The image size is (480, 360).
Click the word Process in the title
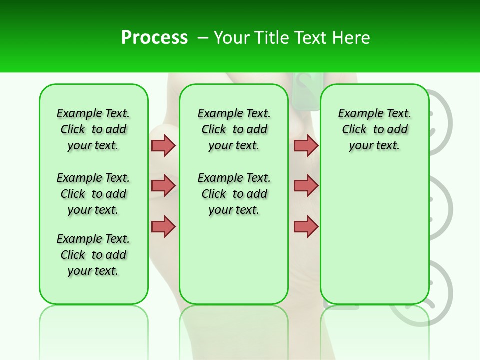pyautogui.click(x=154, y=38)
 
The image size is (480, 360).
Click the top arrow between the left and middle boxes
pyautogui.click(x=163, y=145)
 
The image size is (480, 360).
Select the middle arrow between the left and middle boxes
pyautogui.click(x=163, y=186)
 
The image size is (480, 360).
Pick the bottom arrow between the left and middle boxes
pyautogui.click(x=163, y=226)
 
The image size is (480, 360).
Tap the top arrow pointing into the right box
pyautogui.click(x=306, y=145)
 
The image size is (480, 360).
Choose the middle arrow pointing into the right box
pyautogui.click(x=306, y=186)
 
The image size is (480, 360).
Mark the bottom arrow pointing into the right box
pyautogui.click(x=306, y=226)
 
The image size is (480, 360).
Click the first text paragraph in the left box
pyautogui.click(x=93, y=129)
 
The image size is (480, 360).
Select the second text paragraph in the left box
pyautogui.click(x=93, y=194)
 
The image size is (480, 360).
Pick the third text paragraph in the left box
pyautogui.click(x=93, y=255)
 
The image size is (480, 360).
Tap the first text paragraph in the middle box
pyautogui.click(x=234, y=129)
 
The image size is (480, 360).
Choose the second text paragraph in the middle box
pyautogui.click(x=234, y=194)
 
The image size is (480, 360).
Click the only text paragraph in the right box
pyautogui.click(x=374, y=129)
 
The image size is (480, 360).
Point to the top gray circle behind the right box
pyautogui.click(x=442, y=120)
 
